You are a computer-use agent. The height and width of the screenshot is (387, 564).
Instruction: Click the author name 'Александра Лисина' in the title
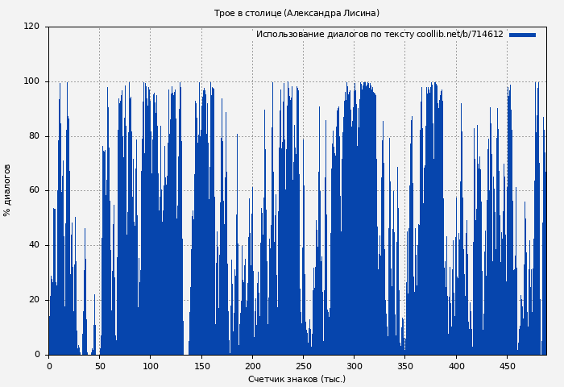(331, 14)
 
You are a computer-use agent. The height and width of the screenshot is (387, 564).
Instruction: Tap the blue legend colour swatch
(522, 35)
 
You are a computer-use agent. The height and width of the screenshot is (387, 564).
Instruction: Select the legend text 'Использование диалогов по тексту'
(334, 35)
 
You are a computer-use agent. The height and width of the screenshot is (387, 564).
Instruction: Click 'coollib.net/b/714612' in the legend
(459, 35)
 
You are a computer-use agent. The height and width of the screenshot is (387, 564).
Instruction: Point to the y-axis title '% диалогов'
(8, 190)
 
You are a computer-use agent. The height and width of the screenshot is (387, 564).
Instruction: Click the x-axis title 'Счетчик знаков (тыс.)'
(297, 379)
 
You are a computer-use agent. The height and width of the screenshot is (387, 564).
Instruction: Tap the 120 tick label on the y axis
(31, 27)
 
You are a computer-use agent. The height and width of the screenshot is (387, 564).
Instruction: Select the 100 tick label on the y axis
(31, 81)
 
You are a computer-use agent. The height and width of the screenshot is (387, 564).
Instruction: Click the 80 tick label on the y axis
(34, 136)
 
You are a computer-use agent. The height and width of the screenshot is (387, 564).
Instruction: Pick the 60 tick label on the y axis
(34, 191)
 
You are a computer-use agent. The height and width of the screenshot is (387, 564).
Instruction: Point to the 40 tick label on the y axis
(34, 245)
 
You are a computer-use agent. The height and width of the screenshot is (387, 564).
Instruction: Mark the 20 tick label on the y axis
(34, 300)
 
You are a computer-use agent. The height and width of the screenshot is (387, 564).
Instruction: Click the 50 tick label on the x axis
(100, 366)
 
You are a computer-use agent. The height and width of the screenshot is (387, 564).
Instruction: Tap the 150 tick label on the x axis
(201, 366)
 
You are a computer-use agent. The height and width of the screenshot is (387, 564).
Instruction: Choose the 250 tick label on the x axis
(303, 366)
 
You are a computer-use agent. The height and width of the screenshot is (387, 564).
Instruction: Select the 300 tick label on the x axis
(354, 366)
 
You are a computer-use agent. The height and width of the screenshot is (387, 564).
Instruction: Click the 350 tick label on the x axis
(404, 366)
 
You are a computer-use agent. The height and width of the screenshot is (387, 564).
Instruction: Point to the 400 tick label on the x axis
(456, 366)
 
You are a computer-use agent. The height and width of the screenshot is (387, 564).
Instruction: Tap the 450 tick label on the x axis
(507, 366)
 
